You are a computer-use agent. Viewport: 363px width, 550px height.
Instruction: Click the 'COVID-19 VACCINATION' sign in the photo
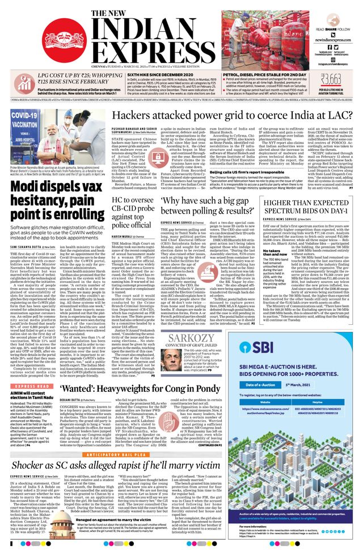pyautogui.click(x=26, y=121)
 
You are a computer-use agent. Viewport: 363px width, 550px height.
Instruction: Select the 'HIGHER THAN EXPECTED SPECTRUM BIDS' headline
pyautogui.click(x=307, y=206)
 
